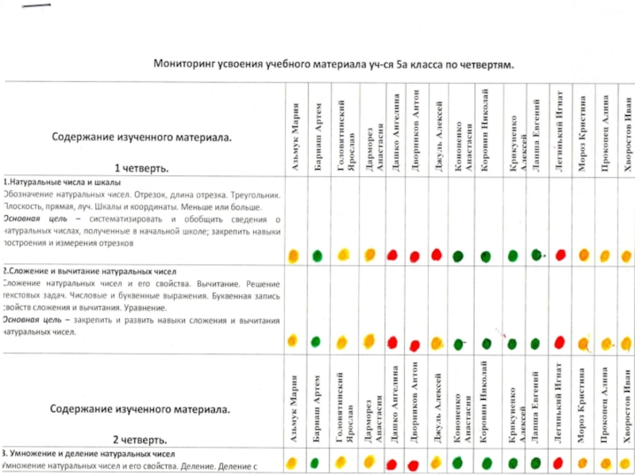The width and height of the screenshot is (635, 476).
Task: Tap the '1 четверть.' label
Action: (140, 168)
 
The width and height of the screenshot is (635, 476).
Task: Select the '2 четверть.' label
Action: (140, 439)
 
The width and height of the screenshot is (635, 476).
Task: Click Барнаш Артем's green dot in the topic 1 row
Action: (317, 255)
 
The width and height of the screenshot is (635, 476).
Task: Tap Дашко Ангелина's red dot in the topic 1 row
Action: (392, 255)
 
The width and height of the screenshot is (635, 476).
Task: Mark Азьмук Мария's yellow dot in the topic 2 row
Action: (292, 341)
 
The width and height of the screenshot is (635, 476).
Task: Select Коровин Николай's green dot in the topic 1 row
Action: (485, 255)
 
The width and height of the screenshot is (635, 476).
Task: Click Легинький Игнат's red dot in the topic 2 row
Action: (560, 342)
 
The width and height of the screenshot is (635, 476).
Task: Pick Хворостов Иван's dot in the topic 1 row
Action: (628, 255)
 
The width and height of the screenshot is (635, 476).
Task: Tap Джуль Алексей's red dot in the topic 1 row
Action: (437, 254)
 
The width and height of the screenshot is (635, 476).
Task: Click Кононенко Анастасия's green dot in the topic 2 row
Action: (460, 344)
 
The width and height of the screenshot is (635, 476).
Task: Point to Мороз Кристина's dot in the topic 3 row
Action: (584, 462)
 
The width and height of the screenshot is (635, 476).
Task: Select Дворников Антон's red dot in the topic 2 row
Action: (414, 345)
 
